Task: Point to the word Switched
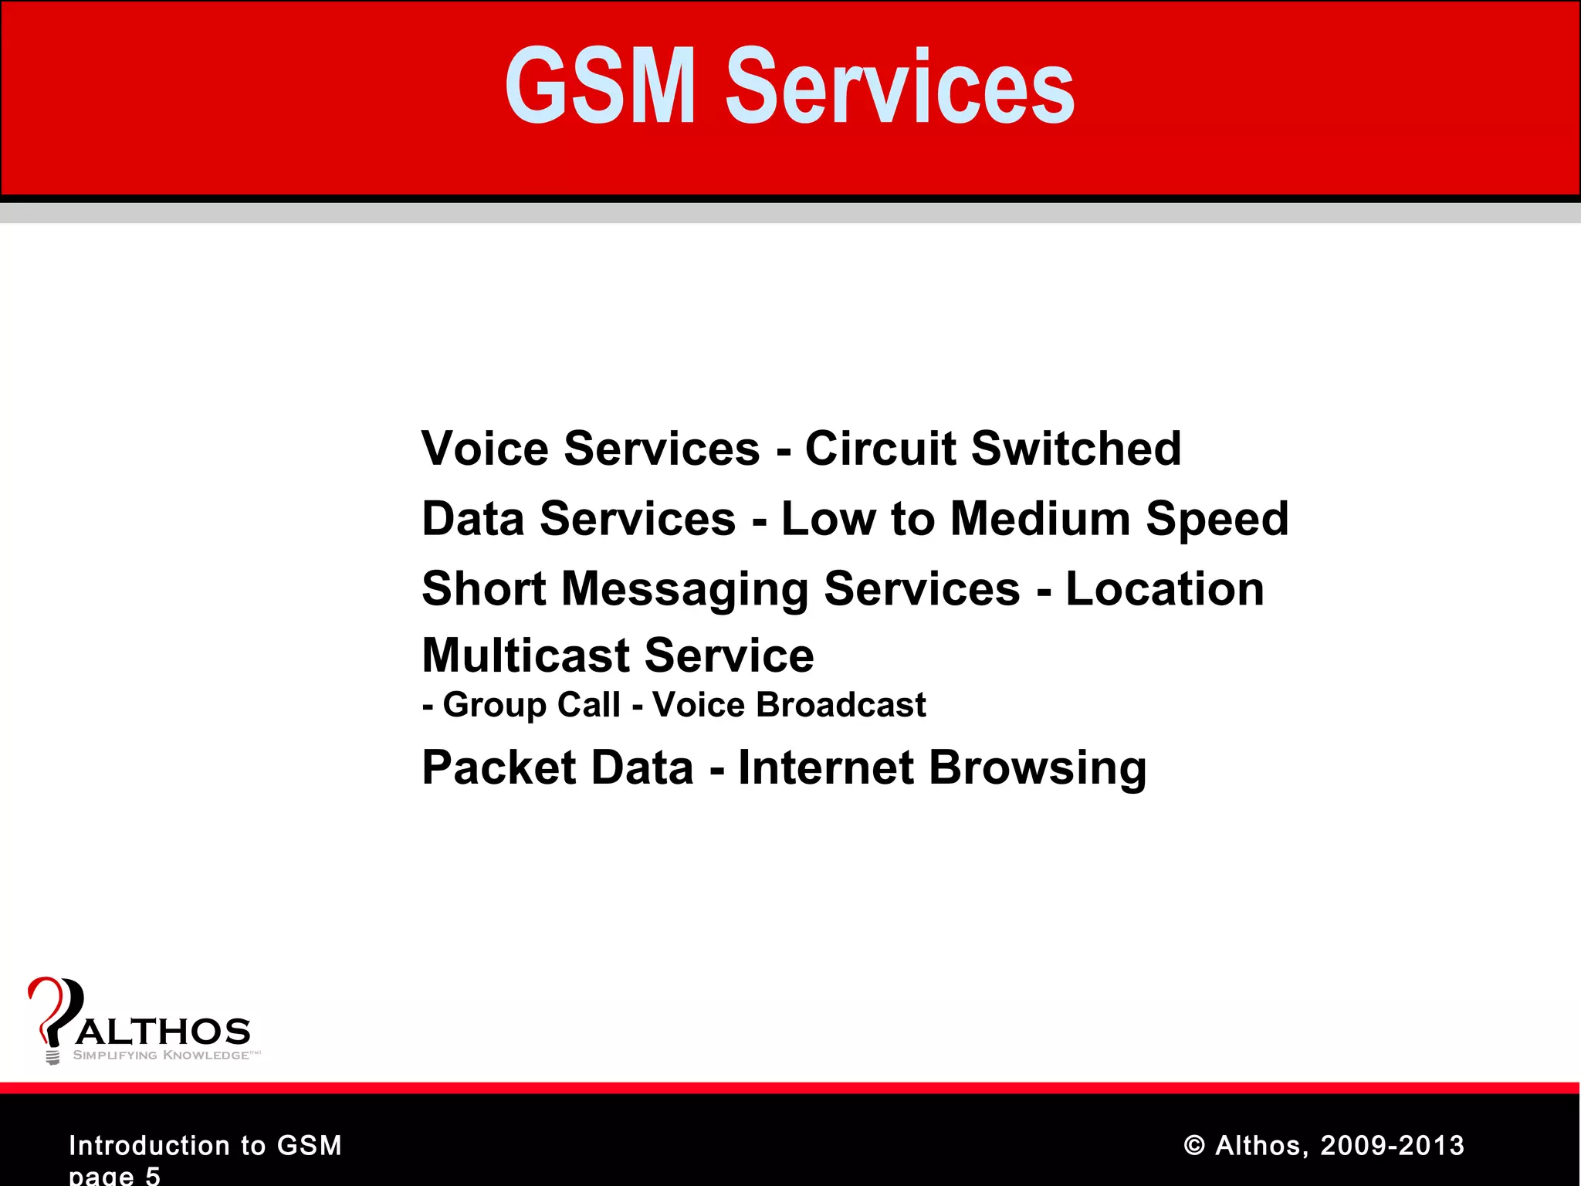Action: [x=1076, y=449]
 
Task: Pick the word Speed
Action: [x=1217, y=520]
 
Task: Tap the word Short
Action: [x=485, y=589]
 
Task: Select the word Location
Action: [x=1165, y=589]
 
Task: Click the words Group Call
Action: [x=532, y=705]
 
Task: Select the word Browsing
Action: [x=1038, y=769]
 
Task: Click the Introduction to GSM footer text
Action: [x=205, y=1145]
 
